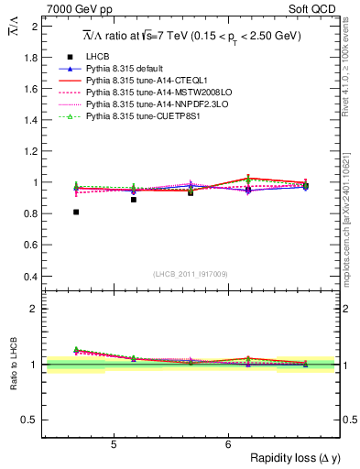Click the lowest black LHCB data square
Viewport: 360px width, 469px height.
click(76, 212)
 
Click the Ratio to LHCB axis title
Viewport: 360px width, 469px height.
click(14, 366)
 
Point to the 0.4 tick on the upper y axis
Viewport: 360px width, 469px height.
click(31, 277)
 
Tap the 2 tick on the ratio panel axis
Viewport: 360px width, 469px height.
click(35, 309)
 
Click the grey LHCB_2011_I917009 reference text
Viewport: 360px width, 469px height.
click(191, 274)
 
